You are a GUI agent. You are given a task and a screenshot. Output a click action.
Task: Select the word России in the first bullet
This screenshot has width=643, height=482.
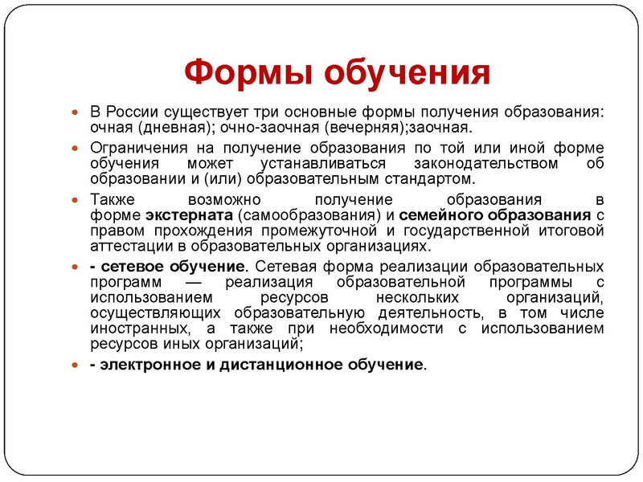pyautogui.click(x=133, y=112)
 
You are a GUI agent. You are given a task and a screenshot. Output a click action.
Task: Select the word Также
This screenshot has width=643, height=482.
pyautogui.click(x=110, y=199)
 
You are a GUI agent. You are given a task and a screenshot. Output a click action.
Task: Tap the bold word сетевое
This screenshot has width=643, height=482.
pyautogui.click(x=129, y=266)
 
